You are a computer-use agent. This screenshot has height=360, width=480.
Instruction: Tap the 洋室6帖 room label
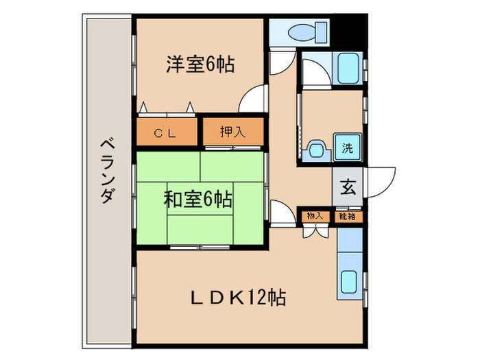200,64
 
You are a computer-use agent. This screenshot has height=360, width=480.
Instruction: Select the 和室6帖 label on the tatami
197,200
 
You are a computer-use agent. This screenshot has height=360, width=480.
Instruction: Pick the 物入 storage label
315,216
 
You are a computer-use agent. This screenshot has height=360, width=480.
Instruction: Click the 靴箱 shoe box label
348,216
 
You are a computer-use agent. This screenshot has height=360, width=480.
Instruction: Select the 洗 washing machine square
348,146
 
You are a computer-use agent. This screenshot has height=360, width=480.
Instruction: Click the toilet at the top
302,31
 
